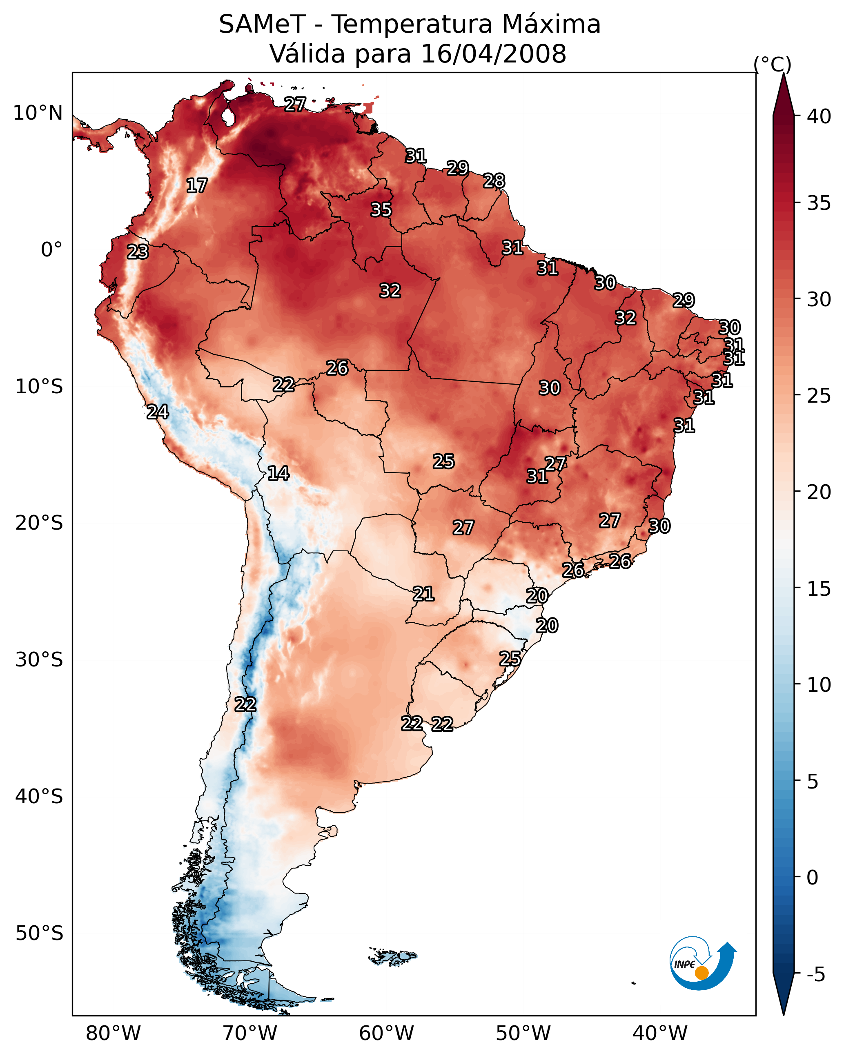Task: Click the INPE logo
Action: (702, 965)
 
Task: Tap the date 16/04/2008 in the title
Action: (493, 54)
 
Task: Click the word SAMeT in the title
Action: (262, 25)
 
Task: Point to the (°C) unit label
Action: (772, 64)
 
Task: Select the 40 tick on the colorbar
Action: (819, 116)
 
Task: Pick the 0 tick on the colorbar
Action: (812, 877)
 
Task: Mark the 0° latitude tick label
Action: (51, 250)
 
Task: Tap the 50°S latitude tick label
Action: (39, 933)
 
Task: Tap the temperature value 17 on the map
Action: (197, 186)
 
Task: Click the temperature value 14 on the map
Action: (278, 473)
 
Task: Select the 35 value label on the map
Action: (381, 209)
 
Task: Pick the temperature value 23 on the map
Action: (138, 252)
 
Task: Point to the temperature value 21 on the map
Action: (423, 594)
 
